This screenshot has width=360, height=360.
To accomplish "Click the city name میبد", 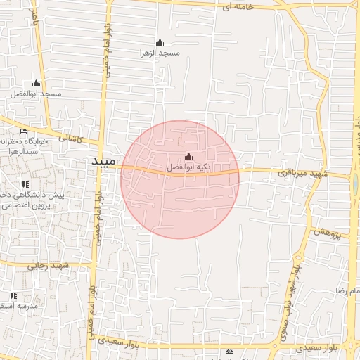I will pos(104,162).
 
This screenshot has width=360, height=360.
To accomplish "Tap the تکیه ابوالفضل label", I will pos(188,167).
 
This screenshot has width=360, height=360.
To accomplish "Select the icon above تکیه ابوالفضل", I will pos(188,156).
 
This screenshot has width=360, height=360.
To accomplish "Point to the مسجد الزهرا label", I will pos(160,53).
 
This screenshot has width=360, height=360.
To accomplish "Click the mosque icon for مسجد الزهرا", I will pos(160,42).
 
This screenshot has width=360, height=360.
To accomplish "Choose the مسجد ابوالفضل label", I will pos(36,94).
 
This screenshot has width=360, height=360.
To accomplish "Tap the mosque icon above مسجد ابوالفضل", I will pos(36,83).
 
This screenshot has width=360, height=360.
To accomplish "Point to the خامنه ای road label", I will pos(236,6).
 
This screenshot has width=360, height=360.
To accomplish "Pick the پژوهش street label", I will pos(327,233).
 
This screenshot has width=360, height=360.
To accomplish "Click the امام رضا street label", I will pos(347,290).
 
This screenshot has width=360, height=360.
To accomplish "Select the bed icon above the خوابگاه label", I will pos(23,131).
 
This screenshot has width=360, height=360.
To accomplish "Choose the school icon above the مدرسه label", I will pos(13,295).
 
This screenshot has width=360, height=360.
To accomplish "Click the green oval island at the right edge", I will pos(356,184).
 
